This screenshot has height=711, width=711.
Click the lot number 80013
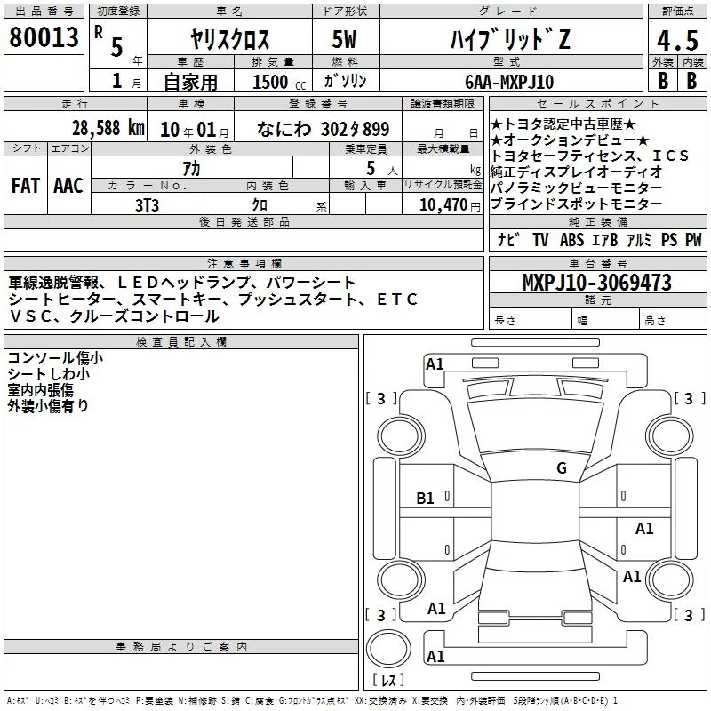(44, 36)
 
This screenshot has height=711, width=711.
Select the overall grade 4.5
(677, 40)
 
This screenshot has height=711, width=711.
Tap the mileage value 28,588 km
(108, 128)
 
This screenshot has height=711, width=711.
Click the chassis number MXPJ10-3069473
(596, 283)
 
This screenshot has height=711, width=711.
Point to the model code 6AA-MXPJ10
(509, 82)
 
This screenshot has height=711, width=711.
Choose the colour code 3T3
(147, 205)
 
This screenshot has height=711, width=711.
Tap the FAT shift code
(26, 185)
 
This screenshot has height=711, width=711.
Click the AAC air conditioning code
(68, 185)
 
